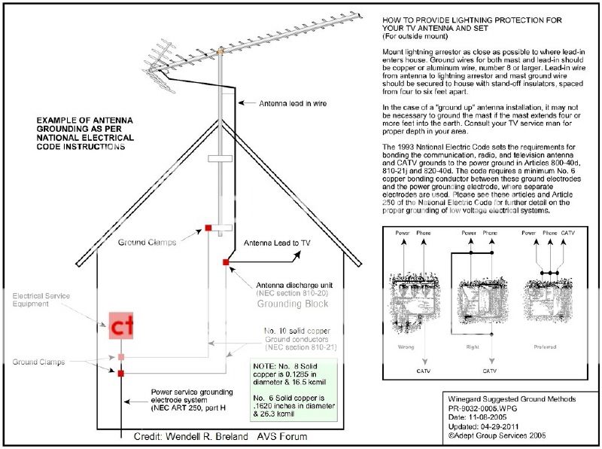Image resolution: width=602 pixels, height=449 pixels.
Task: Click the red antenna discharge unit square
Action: pyautogui.click(x=225, y=262)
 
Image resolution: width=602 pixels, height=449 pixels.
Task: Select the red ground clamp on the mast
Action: pyautogui.click(x=208, y=227)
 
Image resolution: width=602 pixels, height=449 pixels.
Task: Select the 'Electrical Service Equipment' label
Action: pyautogui.click(x=41, y=301)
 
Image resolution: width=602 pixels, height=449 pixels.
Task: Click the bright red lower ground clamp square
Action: pyautogui.click(x=120, y=373)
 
